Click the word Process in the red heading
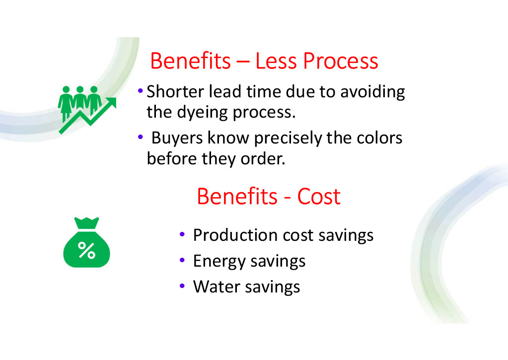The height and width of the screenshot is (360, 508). (341, 61)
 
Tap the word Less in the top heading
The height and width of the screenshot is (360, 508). (276, 61)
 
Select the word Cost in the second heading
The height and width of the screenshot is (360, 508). (319, 196)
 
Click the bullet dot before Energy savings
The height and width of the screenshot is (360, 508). (182, 260)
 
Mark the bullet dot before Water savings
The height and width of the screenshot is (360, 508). (182, 286)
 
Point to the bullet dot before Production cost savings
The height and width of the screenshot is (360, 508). (182, 234)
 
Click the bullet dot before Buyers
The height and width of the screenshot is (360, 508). (140, 137)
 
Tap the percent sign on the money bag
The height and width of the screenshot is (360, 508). (86, 250)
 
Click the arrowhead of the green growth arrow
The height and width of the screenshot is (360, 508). (111, 103)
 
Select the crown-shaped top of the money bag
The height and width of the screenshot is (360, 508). (86, 223)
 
